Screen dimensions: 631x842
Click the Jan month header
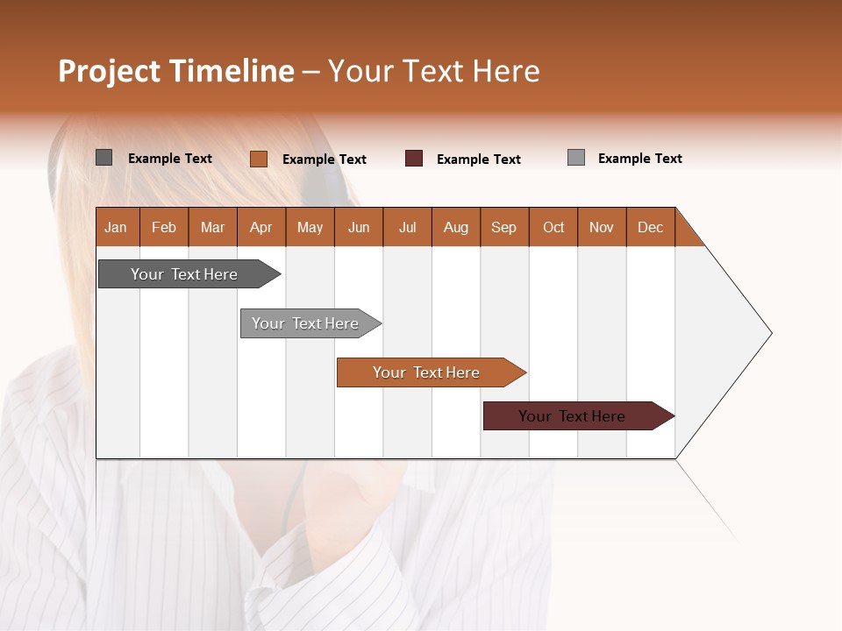[x=117, y=227]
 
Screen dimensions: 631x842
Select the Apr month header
[x=261, y=227]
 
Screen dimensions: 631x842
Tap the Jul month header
[x=407, y=227]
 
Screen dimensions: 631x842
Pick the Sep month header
[x=504, y=227]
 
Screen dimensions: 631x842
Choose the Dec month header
[x=650, y=227]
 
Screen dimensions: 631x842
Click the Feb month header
[x=164, y=227]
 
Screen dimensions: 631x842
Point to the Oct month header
[x=553, y=227]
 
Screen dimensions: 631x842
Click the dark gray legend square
[x=103, y=158]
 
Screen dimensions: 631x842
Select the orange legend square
[x=258, y=159]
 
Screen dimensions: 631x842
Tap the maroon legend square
[x=414, y=158]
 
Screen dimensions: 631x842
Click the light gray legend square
[x=576, y=158]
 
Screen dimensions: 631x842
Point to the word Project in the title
[x=110, y=71]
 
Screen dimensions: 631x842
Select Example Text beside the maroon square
[x=478, y=160]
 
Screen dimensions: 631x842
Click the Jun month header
[x=359, y=227]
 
